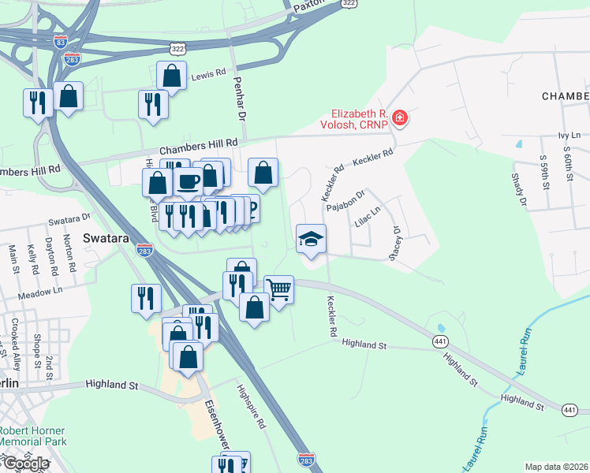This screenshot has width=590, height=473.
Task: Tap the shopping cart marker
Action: tap(278, 290)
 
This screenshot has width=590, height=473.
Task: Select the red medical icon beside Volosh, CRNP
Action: tap(400, 118)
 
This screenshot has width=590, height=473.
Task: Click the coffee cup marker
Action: tap(188, 181)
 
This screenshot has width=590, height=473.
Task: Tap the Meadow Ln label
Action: tap(42, 291)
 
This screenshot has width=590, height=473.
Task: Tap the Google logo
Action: tap(25, 464)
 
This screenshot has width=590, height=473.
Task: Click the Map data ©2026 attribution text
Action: tap(556, 467)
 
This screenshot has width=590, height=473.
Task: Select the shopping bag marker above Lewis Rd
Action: tap(171, 76)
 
